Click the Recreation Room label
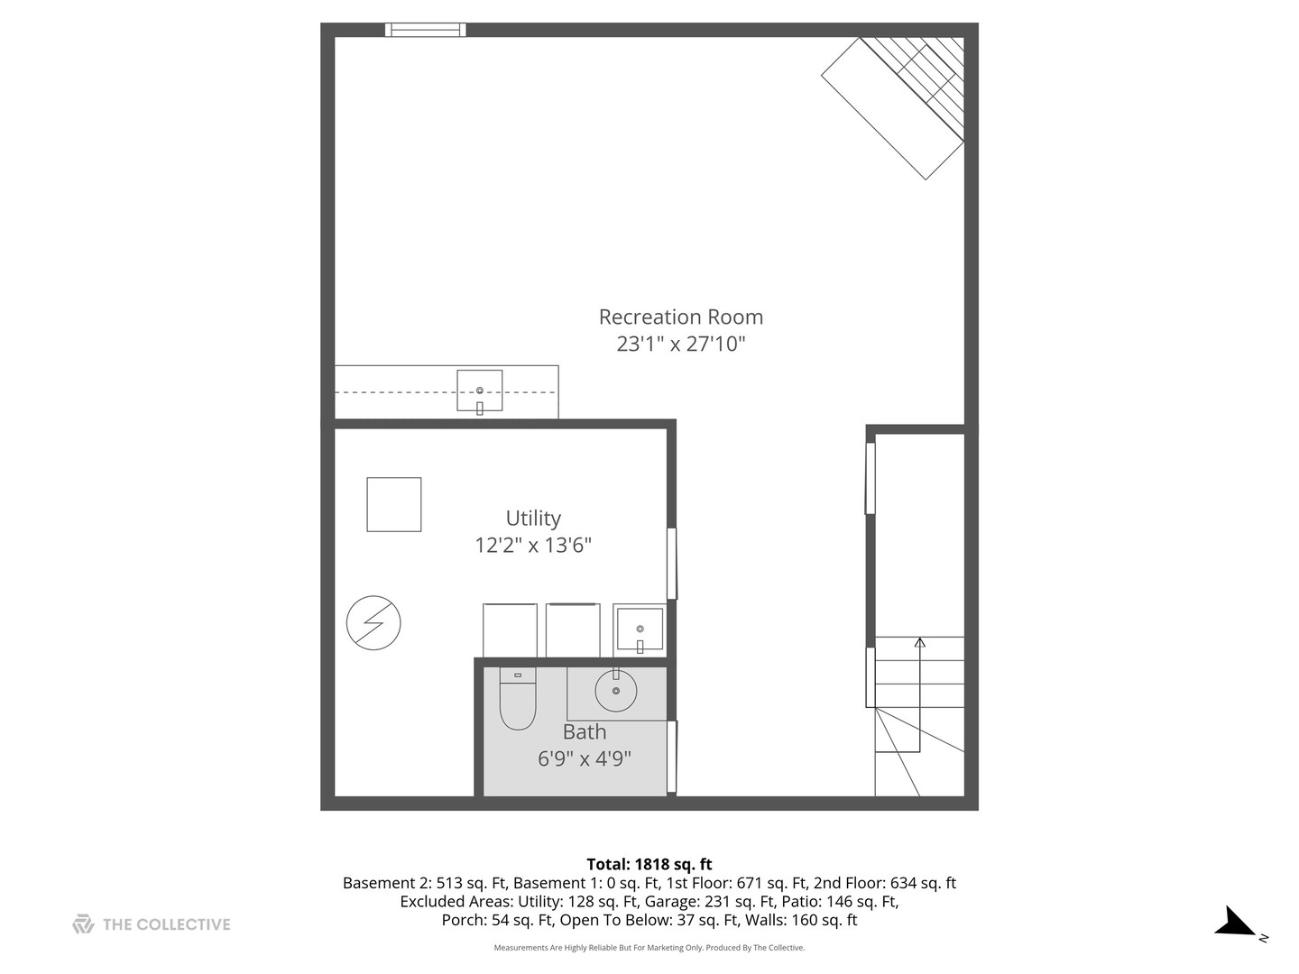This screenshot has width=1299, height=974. (x=680, y=317)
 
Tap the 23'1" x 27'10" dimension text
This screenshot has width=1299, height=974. (x=680, y=344)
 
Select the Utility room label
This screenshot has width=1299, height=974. (x=533, y=519)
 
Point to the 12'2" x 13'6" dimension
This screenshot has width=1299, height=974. (x=533, y=545)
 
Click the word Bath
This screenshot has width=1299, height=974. (x=585, y=732)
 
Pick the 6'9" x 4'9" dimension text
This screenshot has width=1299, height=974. (x=585, y=758)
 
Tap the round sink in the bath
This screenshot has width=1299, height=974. (x=616, y=691)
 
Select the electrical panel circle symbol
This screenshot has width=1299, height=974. (x=373, y=622)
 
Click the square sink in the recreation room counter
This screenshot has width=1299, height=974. (x=479, y=391)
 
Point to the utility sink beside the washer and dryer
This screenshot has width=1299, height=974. (x=639, y=629)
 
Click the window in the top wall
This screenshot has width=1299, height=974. (x=426, y=30)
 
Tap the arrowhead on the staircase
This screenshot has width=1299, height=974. (x=920, y=642)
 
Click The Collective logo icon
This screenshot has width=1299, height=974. (x=83, y=924)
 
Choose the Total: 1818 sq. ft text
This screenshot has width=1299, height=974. (x=649, y=864)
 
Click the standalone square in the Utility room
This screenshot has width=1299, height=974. (x=394, y=504)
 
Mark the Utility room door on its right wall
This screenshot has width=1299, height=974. (x=671, y=564)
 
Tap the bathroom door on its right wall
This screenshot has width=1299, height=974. (x=671, y=756)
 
